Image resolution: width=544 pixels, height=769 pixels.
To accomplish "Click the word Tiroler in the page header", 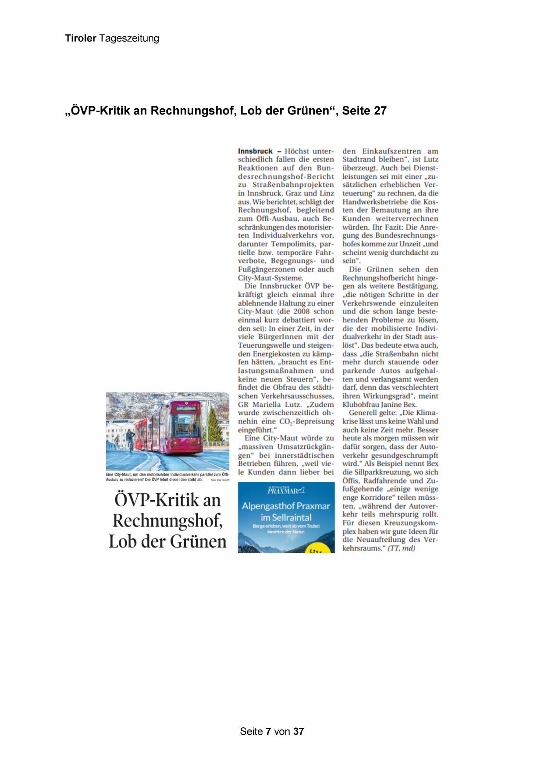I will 81,39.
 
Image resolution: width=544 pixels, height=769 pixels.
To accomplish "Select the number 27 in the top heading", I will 380,111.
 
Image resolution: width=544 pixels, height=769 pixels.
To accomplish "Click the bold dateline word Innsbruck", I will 255,151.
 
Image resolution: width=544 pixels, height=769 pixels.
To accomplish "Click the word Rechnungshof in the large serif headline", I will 167,521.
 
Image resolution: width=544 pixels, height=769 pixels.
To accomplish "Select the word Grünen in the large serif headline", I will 198,541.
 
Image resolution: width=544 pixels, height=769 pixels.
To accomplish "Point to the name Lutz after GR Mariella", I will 278,405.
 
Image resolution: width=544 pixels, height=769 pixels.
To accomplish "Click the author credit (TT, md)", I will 401,548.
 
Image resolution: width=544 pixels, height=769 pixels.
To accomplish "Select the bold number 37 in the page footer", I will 299,731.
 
